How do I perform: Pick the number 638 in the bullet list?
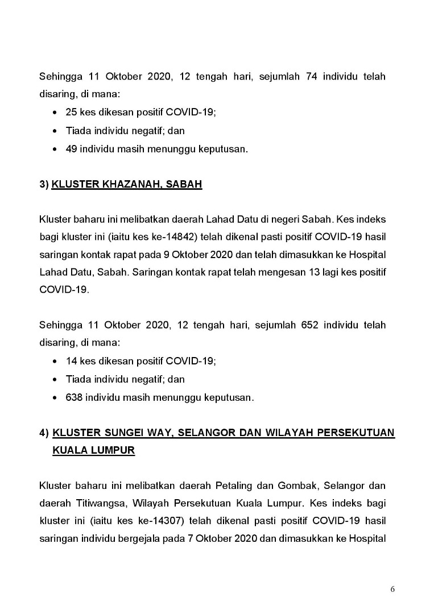(x=75, y=397)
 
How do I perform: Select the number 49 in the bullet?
(x=72, y=149)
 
